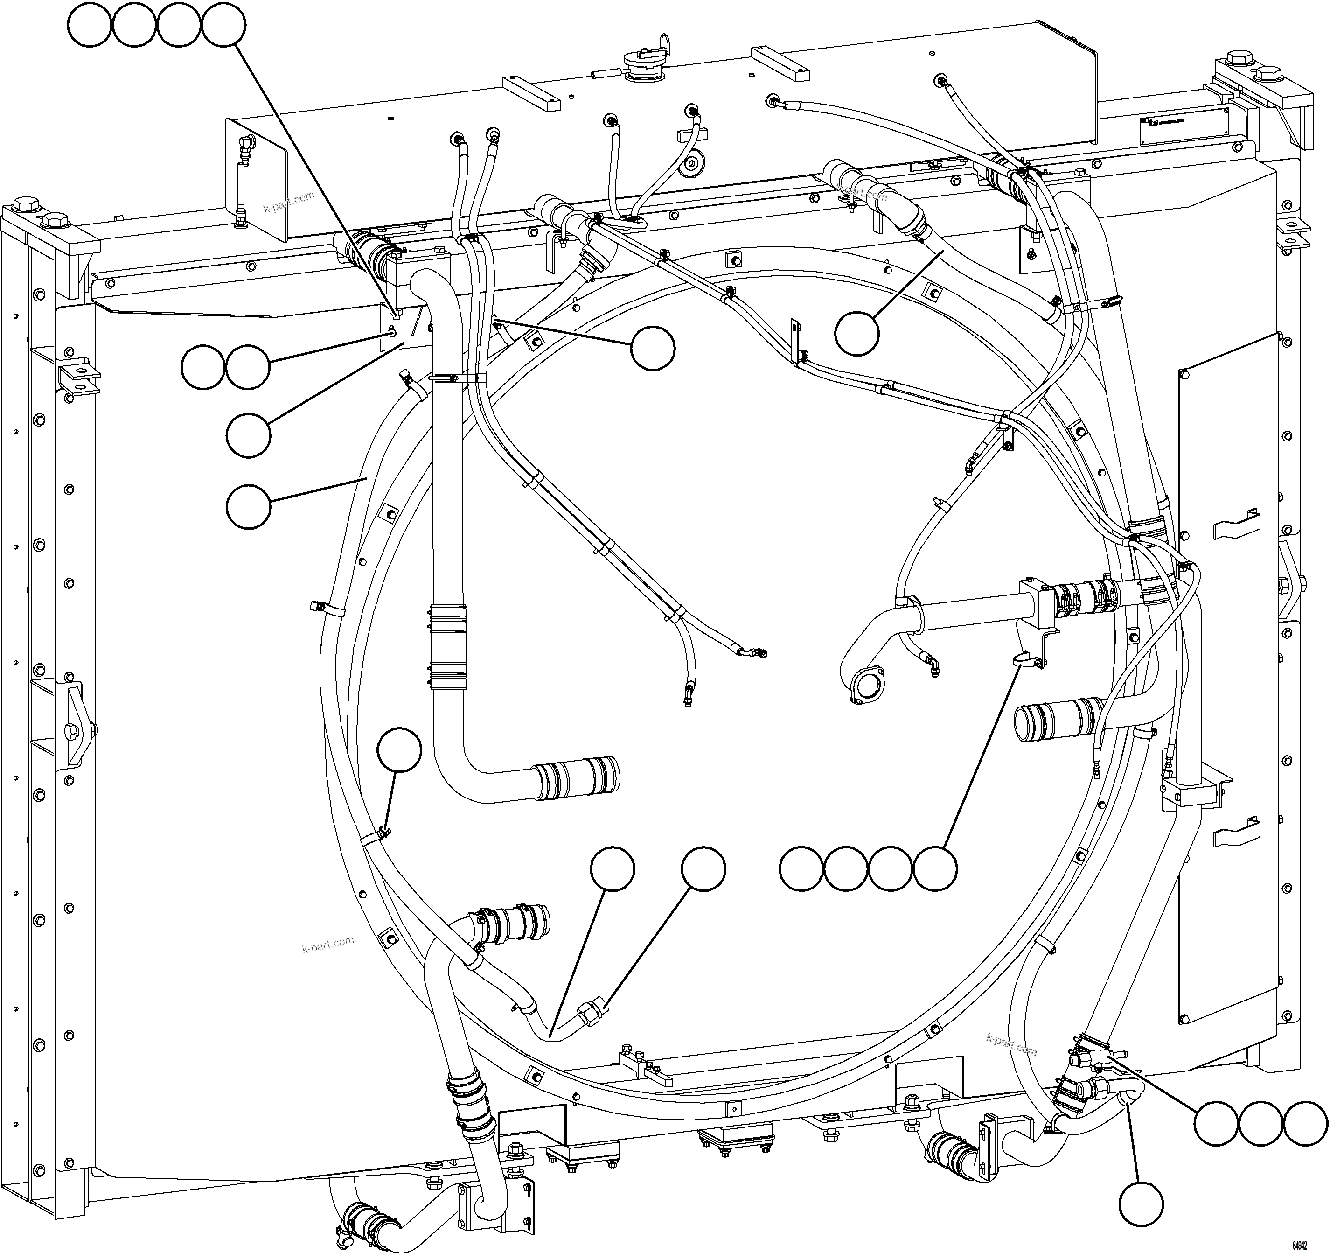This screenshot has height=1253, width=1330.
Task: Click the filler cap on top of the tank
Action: tap(642, 66)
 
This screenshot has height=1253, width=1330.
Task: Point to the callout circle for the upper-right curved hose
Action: tap(857, 333)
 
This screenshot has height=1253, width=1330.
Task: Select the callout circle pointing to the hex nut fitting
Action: tap(703, 869)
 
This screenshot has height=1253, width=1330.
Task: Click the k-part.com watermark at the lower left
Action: tap(328, 945)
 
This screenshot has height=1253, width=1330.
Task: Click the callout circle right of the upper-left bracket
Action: tap(654, 348)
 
